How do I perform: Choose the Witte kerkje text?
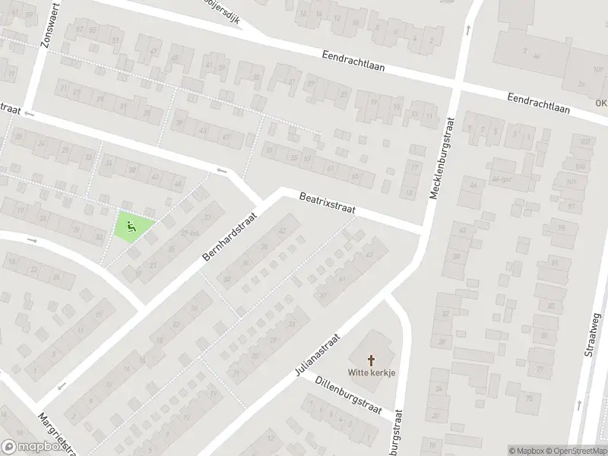coord(372,372)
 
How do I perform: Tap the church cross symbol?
coord(372,359)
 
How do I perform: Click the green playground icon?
coord(131,225)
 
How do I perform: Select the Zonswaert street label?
coord(45,28)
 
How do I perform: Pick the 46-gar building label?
coord(499,179)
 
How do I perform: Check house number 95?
coord(562,226)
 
